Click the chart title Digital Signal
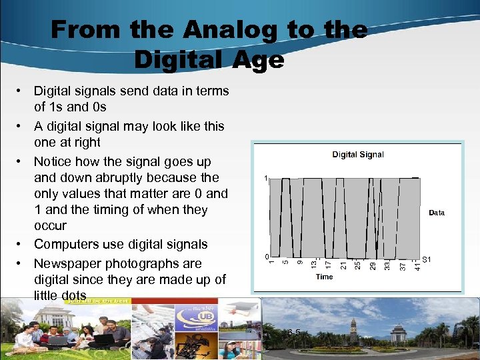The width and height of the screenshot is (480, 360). (358, 155)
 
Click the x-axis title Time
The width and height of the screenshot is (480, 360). (324, 277)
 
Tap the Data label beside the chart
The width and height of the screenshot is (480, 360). (437, 213)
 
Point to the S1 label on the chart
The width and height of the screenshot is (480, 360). (427, 259)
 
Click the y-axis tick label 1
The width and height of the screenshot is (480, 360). (265, 179)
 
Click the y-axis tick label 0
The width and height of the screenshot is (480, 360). (265, 257)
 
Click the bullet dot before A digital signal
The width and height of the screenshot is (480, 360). (21, 127)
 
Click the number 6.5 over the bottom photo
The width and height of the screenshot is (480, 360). (293, 333)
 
